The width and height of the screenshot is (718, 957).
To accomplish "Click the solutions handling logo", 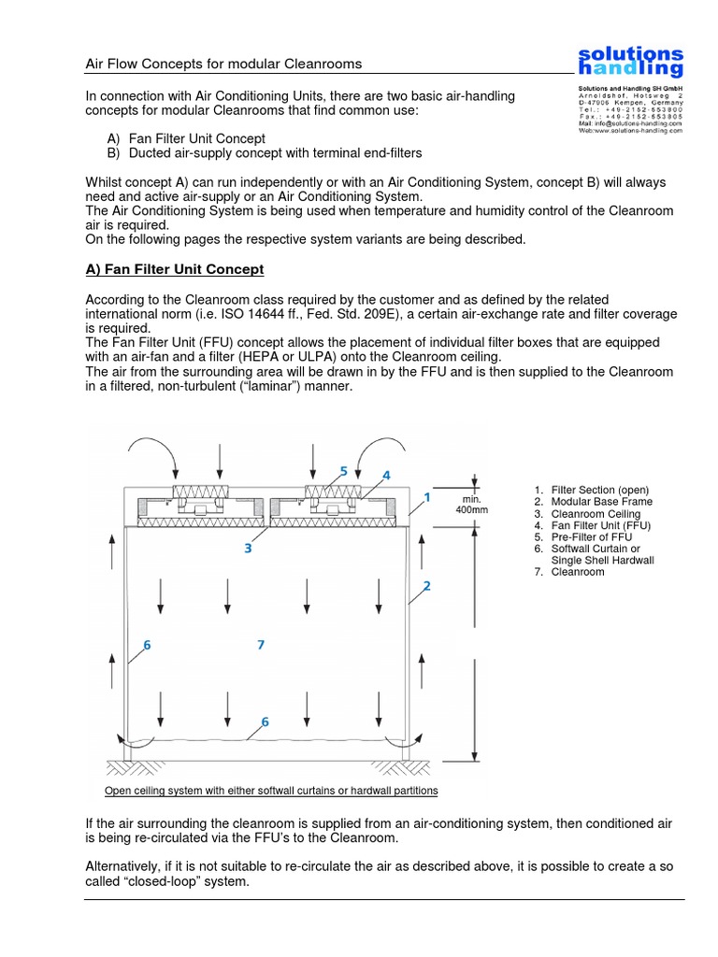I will pyautogui.click(x=629, y=62).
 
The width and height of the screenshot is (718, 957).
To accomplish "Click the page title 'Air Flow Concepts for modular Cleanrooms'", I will pyautogui.click(x=223, y=64).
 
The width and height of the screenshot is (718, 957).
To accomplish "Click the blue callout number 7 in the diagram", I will pyautogui.click(x=261, y=644).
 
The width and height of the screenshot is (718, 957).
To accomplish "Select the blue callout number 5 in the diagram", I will pyautogui.click(x=343, y=471).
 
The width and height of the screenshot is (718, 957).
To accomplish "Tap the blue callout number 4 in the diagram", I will pyautogui.click(x=385, y=475).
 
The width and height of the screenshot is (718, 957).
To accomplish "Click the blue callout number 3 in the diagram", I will pyautogui.click(x=248, y=549).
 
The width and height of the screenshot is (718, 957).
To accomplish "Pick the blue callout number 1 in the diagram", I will pyautogui.click(x=426, y=498).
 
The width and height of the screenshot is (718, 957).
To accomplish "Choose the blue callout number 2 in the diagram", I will pyautogui.click(x=426, y=586).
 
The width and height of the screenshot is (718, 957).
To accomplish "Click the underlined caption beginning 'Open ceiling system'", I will pyautogui.click(x=271, y=791).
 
